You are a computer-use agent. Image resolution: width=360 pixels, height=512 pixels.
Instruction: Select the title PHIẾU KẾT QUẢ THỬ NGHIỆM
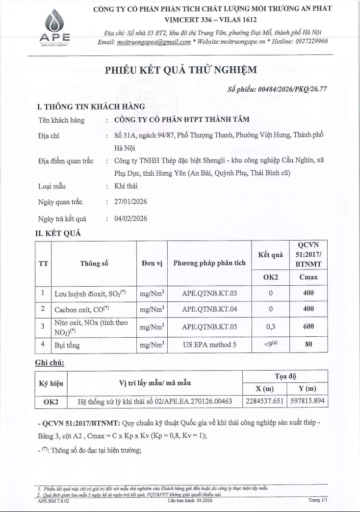pos(180,71)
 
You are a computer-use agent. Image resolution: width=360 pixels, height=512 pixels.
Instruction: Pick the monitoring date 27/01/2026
pos(130,202)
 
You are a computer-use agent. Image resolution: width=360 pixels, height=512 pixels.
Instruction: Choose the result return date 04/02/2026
pos(130,218)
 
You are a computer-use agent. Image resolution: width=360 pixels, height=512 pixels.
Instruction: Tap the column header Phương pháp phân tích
pos(209,263)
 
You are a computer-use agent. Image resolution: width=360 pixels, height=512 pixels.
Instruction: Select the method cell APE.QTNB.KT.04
pos(209,309)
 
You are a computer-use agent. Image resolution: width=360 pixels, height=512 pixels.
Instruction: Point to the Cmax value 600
pos(309,326)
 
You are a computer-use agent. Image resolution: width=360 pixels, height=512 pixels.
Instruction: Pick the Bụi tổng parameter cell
pos(67,345)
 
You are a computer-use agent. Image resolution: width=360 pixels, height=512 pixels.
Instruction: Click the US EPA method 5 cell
pos(209,345)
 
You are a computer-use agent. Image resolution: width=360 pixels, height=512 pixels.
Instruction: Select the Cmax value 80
pos(309,345)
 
